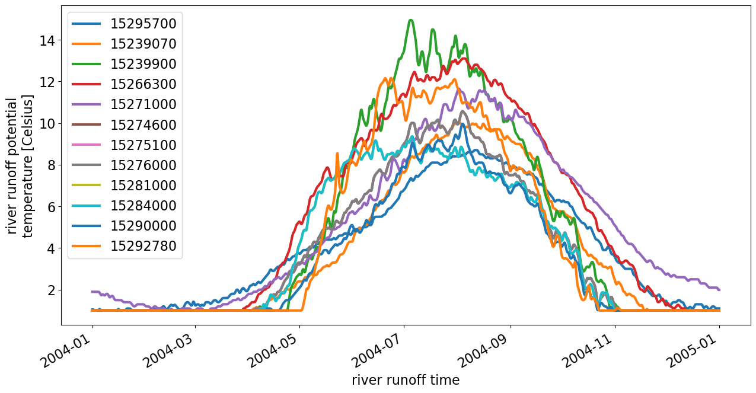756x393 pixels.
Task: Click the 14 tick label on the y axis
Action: click(x=47, y=40)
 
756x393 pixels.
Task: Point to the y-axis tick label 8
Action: click(x=51, y=165)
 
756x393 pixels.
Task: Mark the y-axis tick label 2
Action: click(x=51, y=290)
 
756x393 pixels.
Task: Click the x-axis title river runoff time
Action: click(x=405, y=380)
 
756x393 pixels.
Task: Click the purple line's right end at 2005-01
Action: click(x=719, y=289)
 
